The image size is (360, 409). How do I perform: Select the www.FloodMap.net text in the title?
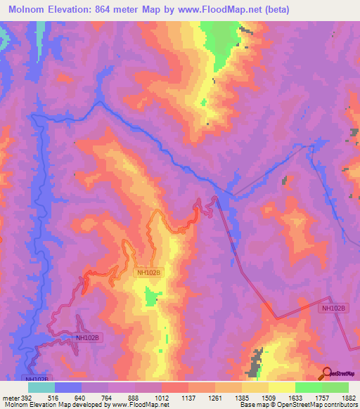(x=211, y=10)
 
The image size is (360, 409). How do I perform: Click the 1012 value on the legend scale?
(x=162, y=397)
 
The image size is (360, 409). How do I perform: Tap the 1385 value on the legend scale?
(x=242, y=397)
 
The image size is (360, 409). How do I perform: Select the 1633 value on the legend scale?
(x=295, y=397)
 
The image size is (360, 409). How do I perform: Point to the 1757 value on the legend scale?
(x=322, y=397)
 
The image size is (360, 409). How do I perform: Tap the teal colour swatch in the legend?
(x=41, y=387)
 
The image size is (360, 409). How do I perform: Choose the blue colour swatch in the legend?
(x=68, y=387)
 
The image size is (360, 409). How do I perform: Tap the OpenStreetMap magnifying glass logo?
(x=327, y=372)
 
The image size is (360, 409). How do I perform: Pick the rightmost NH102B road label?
(x=333, y=309)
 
